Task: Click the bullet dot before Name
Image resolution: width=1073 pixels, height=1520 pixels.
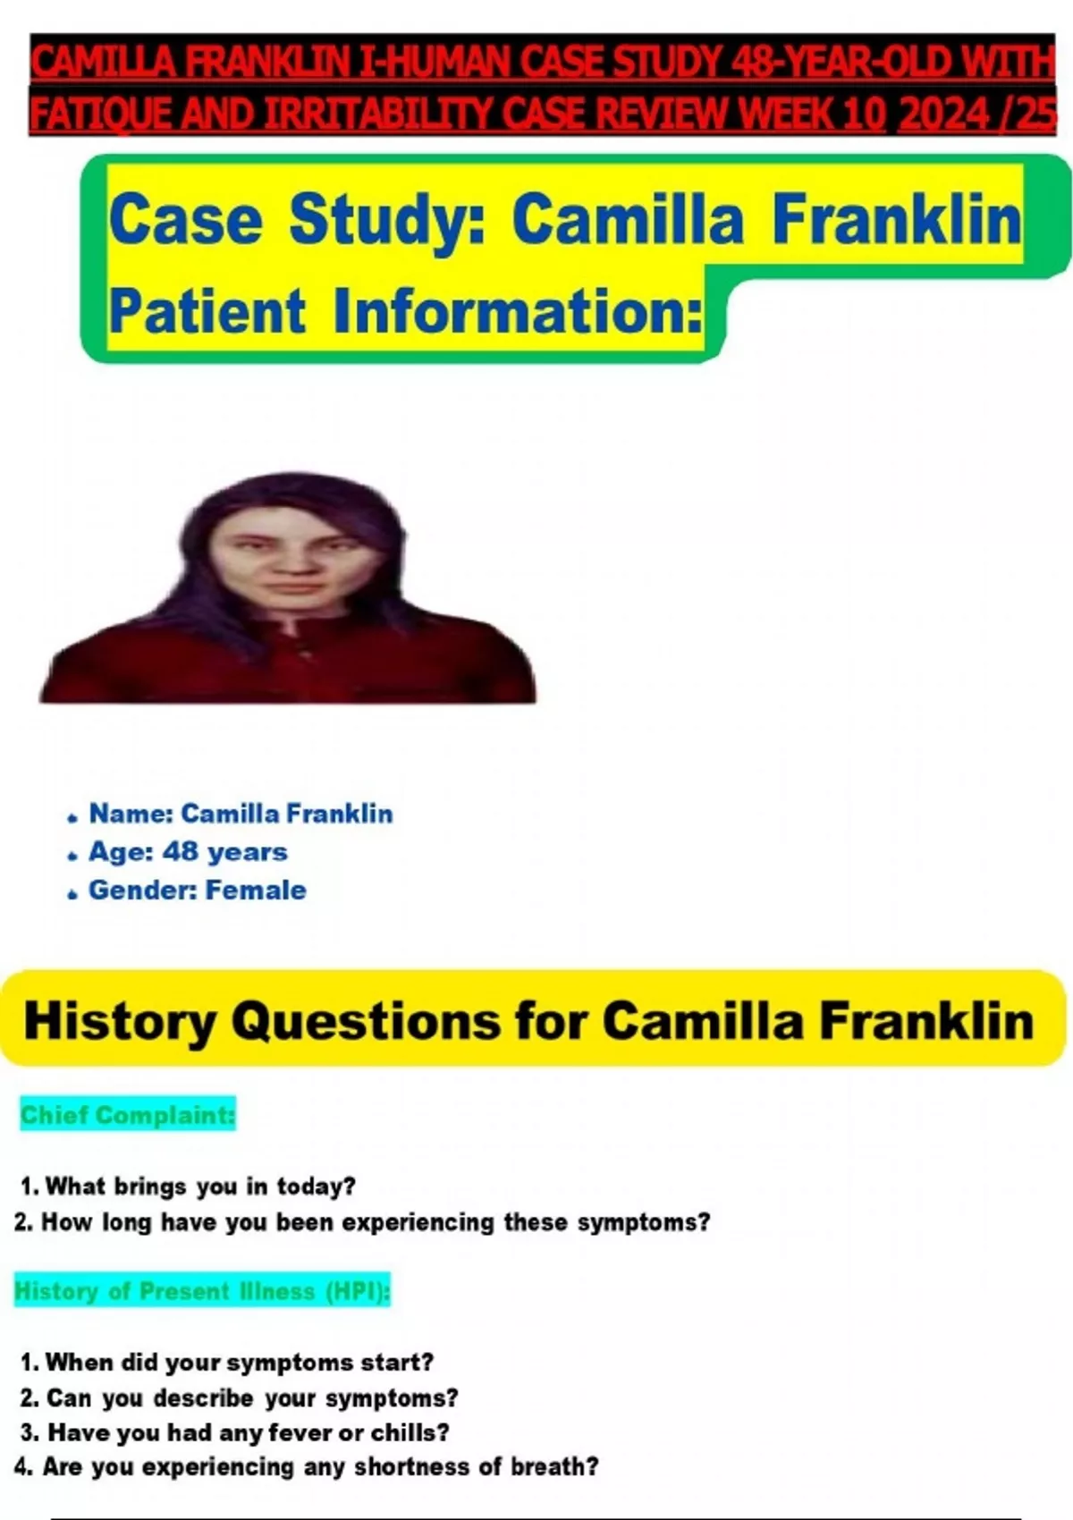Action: (x=72, y=819)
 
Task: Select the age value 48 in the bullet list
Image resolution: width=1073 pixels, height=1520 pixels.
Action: (x=181, y=851)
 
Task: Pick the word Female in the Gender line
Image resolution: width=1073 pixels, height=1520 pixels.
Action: (x=256, y=890)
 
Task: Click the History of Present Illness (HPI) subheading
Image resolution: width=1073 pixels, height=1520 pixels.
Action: (x=202, y=1290)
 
